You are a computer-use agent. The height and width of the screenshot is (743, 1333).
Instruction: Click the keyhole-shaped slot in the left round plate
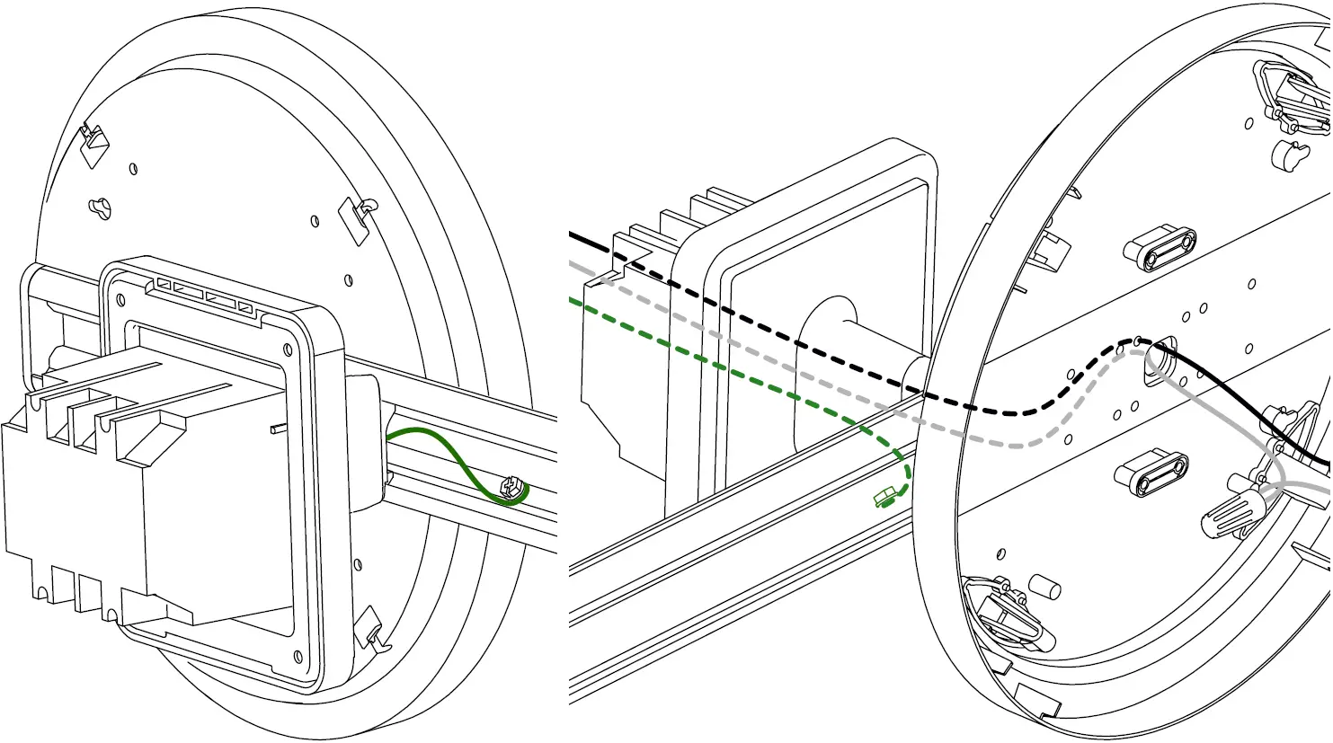pyautogui.click(x=101, y=208)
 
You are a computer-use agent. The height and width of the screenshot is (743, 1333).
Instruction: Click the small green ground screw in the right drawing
pyautogui.click(x=885, y=497)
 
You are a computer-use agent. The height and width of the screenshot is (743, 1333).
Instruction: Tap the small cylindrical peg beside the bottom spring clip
pyautogui.click(x=1044, y=588)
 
